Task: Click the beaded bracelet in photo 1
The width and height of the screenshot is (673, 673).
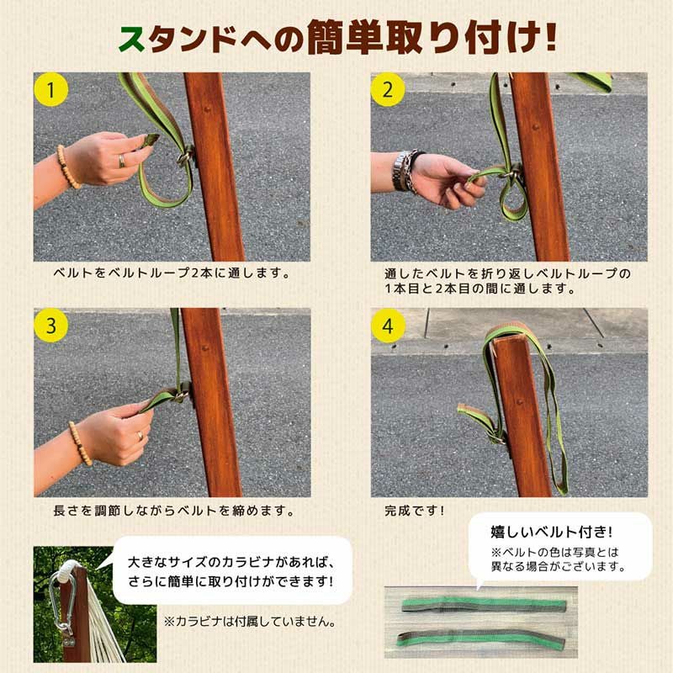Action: click(66, 166)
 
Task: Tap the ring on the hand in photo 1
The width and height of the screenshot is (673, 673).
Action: click(123, 159)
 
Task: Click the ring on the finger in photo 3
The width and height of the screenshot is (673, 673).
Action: click(140, 436)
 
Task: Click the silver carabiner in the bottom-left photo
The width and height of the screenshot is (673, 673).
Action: click(61, 604)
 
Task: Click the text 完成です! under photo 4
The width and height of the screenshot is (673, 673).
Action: click(414, 510)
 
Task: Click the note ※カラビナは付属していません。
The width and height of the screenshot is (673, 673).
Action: click(251, 623)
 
